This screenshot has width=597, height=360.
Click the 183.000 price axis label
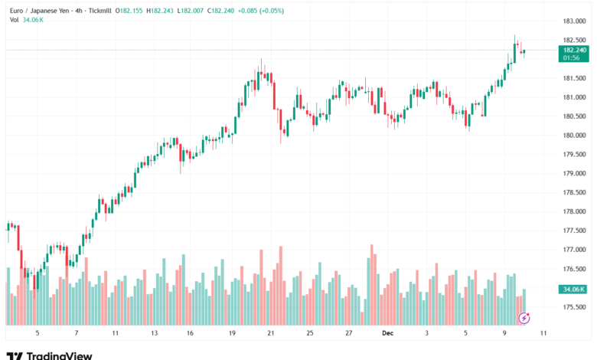575,21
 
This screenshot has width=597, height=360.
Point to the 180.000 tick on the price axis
575,136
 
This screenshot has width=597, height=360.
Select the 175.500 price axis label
575,307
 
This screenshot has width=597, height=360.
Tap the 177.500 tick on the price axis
575,231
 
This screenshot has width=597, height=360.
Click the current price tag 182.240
574,49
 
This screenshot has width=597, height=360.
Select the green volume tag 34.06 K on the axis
573,290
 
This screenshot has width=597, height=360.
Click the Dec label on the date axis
387,333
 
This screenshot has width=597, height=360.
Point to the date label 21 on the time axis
270,333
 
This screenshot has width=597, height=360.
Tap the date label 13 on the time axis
154,333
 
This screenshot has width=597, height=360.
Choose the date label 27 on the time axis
348,333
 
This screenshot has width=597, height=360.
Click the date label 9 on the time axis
504,333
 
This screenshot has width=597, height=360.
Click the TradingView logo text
59,355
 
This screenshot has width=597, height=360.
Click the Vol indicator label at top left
14,20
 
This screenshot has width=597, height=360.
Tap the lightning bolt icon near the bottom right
524,316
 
